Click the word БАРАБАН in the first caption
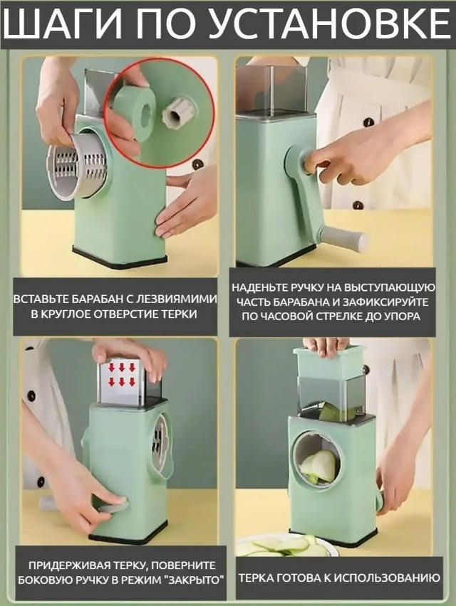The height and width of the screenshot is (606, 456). click(x=93, y=299)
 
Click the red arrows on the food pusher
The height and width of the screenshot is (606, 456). click(x=121, y=373)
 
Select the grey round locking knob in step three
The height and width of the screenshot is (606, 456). click(x=110, y=506)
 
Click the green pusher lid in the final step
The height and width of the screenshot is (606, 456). click(x=328, y=360)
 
